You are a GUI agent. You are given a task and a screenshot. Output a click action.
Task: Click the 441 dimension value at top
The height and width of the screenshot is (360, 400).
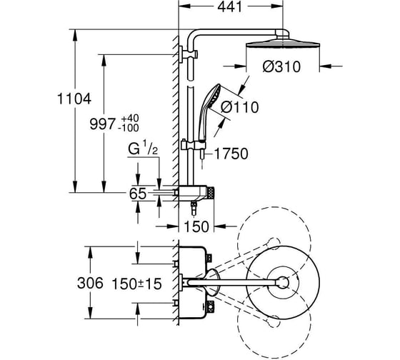click(x=229, y=7)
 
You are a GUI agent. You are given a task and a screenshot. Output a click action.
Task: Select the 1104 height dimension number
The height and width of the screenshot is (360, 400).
click(x=74, y=99)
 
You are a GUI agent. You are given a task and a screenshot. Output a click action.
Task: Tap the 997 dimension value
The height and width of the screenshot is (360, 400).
click(x=103, y=124)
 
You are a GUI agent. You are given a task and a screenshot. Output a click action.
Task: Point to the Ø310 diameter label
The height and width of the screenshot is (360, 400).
click(x=281, y=67)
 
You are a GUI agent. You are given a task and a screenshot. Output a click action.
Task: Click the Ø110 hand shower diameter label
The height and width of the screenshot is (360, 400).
click(x=240, y=107)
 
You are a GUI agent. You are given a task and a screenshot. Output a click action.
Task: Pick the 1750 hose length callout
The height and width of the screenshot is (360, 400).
click(x=231, y=154)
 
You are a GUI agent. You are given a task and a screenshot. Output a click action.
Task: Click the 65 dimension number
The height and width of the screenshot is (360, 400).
click(x=138, y=194)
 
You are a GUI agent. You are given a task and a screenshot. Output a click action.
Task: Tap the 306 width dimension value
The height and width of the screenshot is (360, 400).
click(x=90, y=283)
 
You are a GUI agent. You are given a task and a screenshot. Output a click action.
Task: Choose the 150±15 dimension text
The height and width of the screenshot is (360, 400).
click(x=137, y=284)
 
